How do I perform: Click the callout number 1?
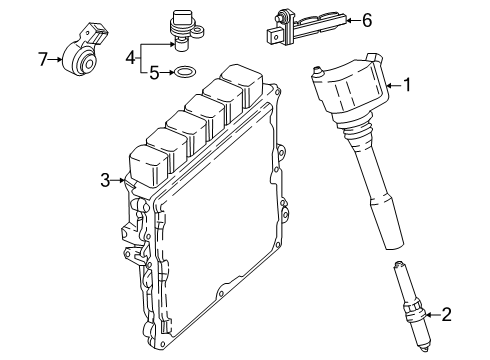[407, 85]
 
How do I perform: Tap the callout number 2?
[446, 314]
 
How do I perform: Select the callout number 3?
[105, 180]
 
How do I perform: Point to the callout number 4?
[131, 58]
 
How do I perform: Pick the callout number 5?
[154, 73]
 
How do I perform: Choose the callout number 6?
[367, 21]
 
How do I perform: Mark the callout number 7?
[43, 60]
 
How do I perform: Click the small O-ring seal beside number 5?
[186, 71]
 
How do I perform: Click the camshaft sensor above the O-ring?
[185, 30]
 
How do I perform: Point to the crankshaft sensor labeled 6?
[306, 29]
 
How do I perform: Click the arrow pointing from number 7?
[55, 60]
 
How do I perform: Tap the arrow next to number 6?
[354, 21]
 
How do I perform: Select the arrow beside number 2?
[434, 314]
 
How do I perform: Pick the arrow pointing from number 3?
[118, 180]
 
